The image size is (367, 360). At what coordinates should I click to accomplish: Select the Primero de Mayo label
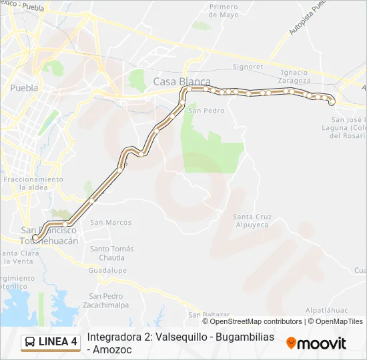click(x=224, y=11)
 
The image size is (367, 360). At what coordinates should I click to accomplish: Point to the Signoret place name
click(x=248, y=67)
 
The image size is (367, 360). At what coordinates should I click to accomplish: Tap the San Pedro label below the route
click(x=206, y=111)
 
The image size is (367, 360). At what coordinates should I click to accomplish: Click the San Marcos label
click(x=111, y=223)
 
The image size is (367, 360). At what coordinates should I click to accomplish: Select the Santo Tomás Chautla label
click(x=111, y=253)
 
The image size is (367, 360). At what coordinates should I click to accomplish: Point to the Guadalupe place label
click(x=107, y=271)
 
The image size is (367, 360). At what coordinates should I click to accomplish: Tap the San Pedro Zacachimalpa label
click(x=109, y=300)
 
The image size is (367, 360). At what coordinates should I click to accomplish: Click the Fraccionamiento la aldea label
click(x=33, y=183)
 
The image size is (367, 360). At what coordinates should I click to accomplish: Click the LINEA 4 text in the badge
click(x=58, y=343)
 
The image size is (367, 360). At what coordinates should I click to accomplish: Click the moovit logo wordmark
click(x=317, y=343)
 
